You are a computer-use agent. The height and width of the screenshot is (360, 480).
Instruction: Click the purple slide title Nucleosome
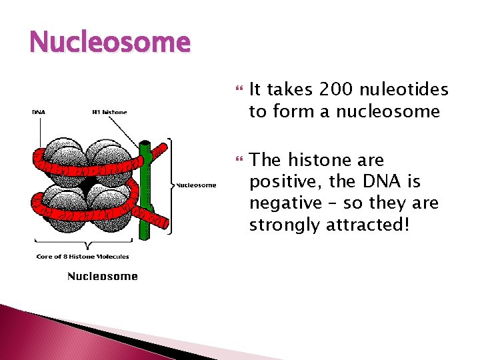110,43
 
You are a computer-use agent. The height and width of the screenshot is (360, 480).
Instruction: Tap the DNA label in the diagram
39,112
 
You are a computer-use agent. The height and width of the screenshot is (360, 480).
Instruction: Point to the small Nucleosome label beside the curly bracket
196,185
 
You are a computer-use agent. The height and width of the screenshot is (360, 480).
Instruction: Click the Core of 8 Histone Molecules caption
83,256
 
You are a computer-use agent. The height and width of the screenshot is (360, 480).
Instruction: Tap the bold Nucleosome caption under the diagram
102,276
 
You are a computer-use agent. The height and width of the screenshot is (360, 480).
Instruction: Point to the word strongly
285,225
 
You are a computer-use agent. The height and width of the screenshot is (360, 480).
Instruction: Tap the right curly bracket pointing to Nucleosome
171,185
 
